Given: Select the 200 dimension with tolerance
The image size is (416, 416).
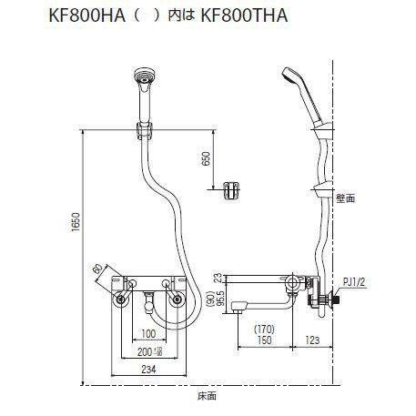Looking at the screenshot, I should [x=148, y=350].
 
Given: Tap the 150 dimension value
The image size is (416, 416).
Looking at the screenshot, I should [x=263, y=340].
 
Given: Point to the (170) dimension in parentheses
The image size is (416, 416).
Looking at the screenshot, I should [x=263, y=330].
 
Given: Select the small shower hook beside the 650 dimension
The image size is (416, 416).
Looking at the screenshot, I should [x=232, y=189].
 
